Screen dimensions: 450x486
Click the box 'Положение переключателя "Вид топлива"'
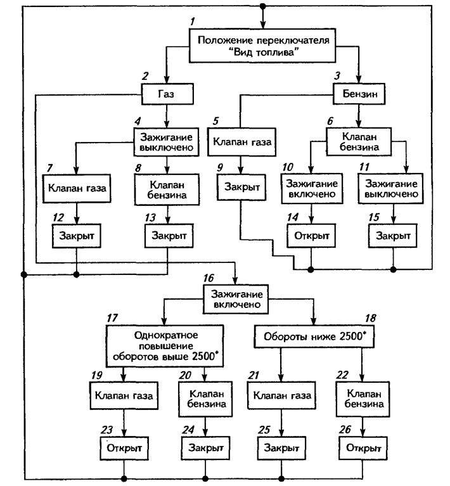262,46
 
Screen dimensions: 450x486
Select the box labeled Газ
167,94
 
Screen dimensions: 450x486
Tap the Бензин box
359,94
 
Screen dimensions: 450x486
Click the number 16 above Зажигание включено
209,278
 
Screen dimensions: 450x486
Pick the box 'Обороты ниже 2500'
314,336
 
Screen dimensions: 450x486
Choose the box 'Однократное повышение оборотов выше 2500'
165,346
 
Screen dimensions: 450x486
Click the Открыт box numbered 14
311,236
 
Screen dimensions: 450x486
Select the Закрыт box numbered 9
241,187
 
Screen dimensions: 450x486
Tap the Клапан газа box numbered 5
242,142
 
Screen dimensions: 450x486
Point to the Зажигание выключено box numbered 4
166,142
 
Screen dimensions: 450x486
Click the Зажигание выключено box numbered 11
391,188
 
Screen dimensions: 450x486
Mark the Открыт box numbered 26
363,448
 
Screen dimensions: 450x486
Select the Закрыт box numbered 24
205,448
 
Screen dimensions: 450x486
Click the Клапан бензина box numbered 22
363,399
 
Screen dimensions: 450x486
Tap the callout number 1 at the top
193,22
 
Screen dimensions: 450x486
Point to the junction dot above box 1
262,6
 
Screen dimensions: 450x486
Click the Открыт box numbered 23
124,448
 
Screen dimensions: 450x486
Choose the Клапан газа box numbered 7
77,188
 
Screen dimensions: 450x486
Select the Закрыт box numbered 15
393,236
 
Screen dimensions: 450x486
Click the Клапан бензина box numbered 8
167,189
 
